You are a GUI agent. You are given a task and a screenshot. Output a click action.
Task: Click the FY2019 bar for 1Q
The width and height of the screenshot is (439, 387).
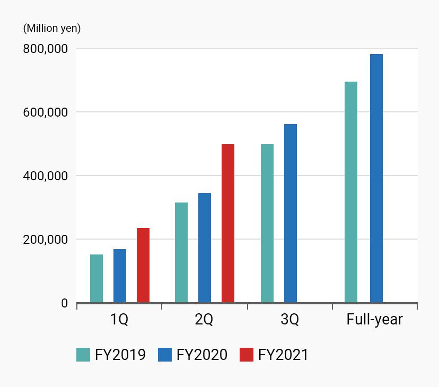pos(96,279)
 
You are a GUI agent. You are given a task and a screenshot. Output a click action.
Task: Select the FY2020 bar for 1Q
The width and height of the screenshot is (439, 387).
pos(120,276)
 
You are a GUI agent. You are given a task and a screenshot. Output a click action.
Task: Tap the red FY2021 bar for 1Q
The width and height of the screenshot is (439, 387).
pos(143,266)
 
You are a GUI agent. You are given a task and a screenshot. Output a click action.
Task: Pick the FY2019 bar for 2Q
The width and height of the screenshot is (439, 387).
pos(181,253)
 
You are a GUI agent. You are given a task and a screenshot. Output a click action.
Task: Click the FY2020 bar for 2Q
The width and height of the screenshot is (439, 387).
pos(205,248)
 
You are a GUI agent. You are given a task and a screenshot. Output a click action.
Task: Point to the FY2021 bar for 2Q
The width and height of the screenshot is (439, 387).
pos(228,224)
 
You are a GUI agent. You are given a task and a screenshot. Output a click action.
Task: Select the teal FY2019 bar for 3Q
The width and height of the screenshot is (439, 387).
pos(267,224)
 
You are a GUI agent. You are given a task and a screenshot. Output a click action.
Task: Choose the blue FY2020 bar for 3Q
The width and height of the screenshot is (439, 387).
pos(291,214)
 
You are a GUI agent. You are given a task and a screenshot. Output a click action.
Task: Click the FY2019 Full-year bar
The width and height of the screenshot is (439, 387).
pos(351,192)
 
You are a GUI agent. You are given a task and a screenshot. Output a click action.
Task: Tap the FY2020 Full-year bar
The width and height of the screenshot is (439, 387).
pos(376,179)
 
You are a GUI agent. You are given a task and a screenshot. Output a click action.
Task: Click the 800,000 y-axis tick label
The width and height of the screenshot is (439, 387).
pos(46,49)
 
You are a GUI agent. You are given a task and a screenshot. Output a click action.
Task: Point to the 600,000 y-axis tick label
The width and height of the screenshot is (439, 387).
pos(46,112)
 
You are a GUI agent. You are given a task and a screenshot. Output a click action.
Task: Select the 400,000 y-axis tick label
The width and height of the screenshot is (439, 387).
pos(46,176)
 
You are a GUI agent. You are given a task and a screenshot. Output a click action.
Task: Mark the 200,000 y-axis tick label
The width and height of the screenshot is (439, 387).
pos(46,240)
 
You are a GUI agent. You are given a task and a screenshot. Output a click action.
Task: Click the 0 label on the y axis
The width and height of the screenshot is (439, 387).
pos(65,303)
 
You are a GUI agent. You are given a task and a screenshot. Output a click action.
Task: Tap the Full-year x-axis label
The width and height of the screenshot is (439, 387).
pos(374,320)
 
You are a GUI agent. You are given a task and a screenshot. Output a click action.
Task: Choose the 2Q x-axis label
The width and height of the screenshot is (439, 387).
pos(204,320)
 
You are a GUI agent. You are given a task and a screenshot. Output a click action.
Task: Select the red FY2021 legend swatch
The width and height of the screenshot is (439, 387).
pos(247,355)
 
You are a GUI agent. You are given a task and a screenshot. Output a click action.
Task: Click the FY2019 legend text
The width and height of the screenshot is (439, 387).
pos(120,355)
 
